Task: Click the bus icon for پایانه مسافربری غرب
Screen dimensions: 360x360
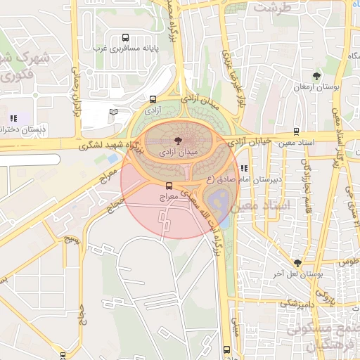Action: click(125, 38)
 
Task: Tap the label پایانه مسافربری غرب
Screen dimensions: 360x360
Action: click(125, 49)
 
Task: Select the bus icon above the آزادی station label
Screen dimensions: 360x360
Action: click(153, 100)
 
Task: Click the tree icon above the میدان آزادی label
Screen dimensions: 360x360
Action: click(176, 142)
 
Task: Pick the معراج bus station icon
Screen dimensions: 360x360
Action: click(168, 186)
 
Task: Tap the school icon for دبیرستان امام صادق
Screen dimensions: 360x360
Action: click(244, 168)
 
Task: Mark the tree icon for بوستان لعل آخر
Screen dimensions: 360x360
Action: click(298, 263)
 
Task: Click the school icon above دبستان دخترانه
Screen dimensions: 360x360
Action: click(13, 119)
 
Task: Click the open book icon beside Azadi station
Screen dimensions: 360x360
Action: click(114, 112)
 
